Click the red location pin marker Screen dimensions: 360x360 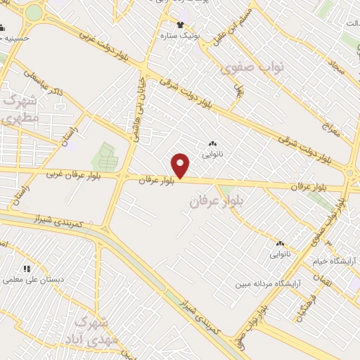point(181,166)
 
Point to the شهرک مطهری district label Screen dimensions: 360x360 point(20,108)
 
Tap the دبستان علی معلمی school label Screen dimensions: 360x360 point(33,279)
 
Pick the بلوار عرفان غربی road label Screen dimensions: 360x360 point(73,174)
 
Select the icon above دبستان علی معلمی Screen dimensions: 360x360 point(27,269)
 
